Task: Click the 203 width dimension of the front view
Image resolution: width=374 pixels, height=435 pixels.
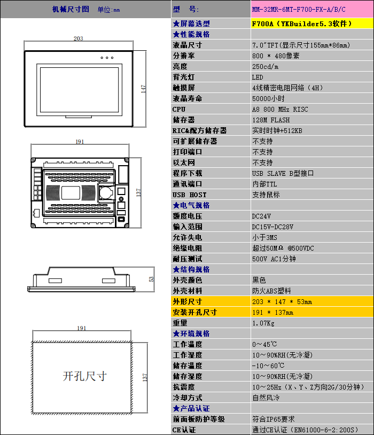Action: click(78, 38)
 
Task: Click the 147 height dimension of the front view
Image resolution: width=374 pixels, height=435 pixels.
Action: click(143, 89)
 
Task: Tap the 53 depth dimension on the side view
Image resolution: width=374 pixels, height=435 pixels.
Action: click(151, 279)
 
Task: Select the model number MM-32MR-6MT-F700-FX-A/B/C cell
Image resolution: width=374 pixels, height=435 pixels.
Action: click(299, 10)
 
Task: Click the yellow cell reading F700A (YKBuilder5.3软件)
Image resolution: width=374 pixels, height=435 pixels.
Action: click(301, 24)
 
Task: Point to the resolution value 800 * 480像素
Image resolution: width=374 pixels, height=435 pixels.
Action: click(276, 56)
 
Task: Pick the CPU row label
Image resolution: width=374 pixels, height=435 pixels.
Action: click(179, 110)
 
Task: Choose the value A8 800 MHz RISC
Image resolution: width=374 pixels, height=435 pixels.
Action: click(280, 110)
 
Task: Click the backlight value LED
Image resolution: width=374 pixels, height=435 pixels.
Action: click(258, 77)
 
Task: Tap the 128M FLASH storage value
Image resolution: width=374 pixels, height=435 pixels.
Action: click(271, 120)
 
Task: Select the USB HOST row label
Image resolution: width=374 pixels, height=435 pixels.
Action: click(190, 195)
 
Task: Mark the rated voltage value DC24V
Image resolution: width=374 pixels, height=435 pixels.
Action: click(261, 216)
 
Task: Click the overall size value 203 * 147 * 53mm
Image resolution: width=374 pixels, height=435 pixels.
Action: click(282, 301)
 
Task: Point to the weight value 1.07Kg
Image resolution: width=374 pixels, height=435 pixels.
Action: click(263, 323)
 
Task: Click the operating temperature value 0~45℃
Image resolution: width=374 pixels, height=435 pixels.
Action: click(264, 344)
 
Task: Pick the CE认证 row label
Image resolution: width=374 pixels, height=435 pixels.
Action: click(184, 430)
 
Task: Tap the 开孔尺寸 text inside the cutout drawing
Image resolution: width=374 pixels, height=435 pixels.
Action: click(84, 376)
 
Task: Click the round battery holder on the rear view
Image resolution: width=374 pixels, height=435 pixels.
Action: click(106, 192)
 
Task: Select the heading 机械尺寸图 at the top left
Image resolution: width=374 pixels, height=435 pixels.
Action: click(71, 9)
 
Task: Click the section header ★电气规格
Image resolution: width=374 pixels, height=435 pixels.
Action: click(191, 205)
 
